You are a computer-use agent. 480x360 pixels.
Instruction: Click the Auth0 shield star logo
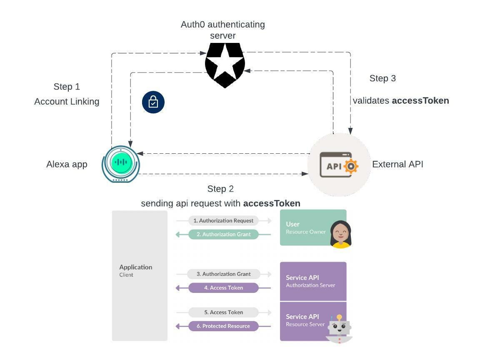225,65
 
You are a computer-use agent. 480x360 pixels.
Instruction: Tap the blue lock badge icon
153,102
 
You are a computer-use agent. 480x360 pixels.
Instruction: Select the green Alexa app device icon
121,164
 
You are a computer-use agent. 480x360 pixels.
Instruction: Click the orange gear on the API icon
351,166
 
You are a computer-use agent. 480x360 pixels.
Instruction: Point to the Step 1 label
67,87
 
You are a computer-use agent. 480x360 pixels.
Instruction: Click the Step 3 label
382,78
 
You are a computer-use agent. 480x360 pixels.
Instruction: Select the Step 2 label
220,189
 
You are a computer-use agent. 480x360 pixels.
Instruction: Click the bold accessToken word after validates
420,100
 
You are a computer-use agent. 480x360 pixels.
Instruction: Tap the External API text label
397,164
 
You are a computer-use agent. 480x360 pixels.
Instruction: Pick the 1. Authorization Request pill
223,220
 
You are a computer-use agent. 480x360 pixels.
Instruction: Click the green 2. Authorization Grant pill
223,234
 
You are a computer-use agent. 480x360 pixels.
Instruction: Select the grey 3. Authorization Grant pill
223,274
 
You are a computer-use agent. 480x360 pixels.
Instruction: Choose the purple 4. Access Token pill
223,287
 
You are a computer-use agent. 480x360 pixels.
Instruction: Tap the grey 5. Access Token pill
223,312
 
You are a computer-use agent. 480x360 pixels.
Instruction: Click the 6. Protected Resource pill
223,326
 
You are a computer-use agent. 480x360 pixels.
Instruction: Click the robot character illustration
339,328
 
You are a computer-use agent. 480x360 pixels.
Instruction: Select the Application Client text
135,270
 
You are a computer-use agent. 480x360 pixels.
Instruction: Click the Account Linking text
67,102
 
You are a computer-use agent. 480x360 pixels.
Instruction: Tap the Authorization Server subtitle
310,285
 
